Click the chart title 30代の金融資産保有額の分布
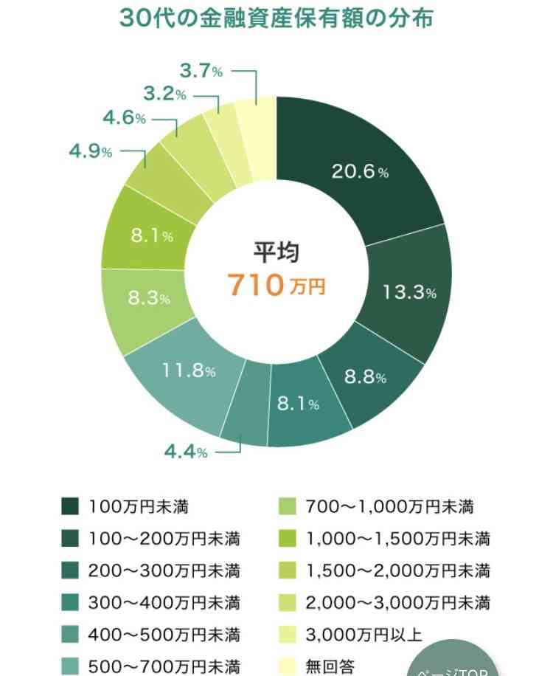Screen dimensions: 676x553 pyautogui.click(x=276, y=18)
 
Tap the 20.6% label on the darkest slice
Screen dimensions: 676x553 pyautogui.click(x=360, y=172)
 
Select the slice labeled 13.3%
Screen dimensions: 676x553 pyautogui.click(x=410, y=292)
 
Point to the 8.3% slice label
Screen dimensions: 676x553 pyautogui.click(x=149, y=299)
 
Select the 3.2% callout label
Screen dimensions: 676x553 pyautogui.click(x=164, y=94)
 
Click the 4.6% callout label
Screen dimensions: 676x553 pyautogui.click(x=125, y=119)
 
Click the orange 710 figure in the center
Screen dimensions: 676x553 pyautogui.click(x=255, y=284)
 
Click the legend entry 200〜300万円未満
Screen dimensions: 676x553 pyautogui.click(x=164, y=571)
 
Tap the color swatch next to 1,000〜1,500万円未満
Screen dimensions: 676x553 pyautogui.click(x=287, y=539)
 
